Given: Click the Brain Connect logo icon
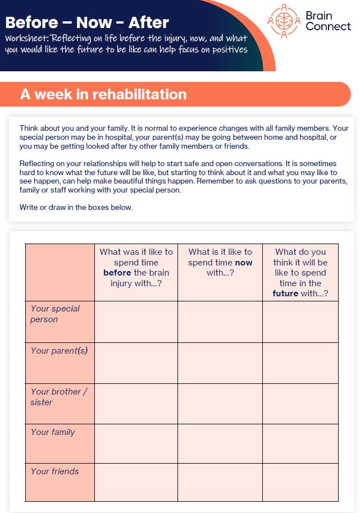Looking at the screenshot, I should coord(284,21).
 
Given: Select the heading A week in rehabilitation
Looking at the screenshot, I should coord(103,94).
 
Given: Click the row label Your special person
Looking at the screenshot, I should coord(55,314).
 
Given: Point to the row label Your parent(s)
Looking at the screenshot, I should coord(59,351).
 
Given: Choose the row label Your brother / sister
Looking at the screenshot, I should coord(58,397).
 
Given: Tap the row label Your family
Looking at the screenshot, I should coord(53,432).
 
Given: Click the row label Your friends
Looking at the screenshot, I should coord(54,471).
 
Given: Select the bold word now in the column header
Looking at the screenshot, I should coord(244,263).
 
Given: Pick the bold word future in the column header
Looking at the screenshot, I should coord(285,294).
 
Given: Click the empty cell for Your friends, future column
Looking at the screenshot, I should coord(300,482).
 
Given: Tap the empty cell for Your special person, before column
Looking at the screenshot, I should coord(136,322).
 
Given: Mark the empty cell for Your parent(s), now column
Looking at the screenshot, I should coord(220,363).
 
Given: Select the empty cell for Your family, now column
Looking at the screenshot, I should coord(220,443).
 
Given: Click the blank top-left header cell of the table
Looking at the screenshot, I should coord(60,272).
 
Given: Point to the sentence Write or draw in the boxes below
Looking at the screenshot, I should coord(76,207).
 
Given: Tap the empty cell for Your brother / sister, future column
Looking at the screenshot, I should coord(300,404).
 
